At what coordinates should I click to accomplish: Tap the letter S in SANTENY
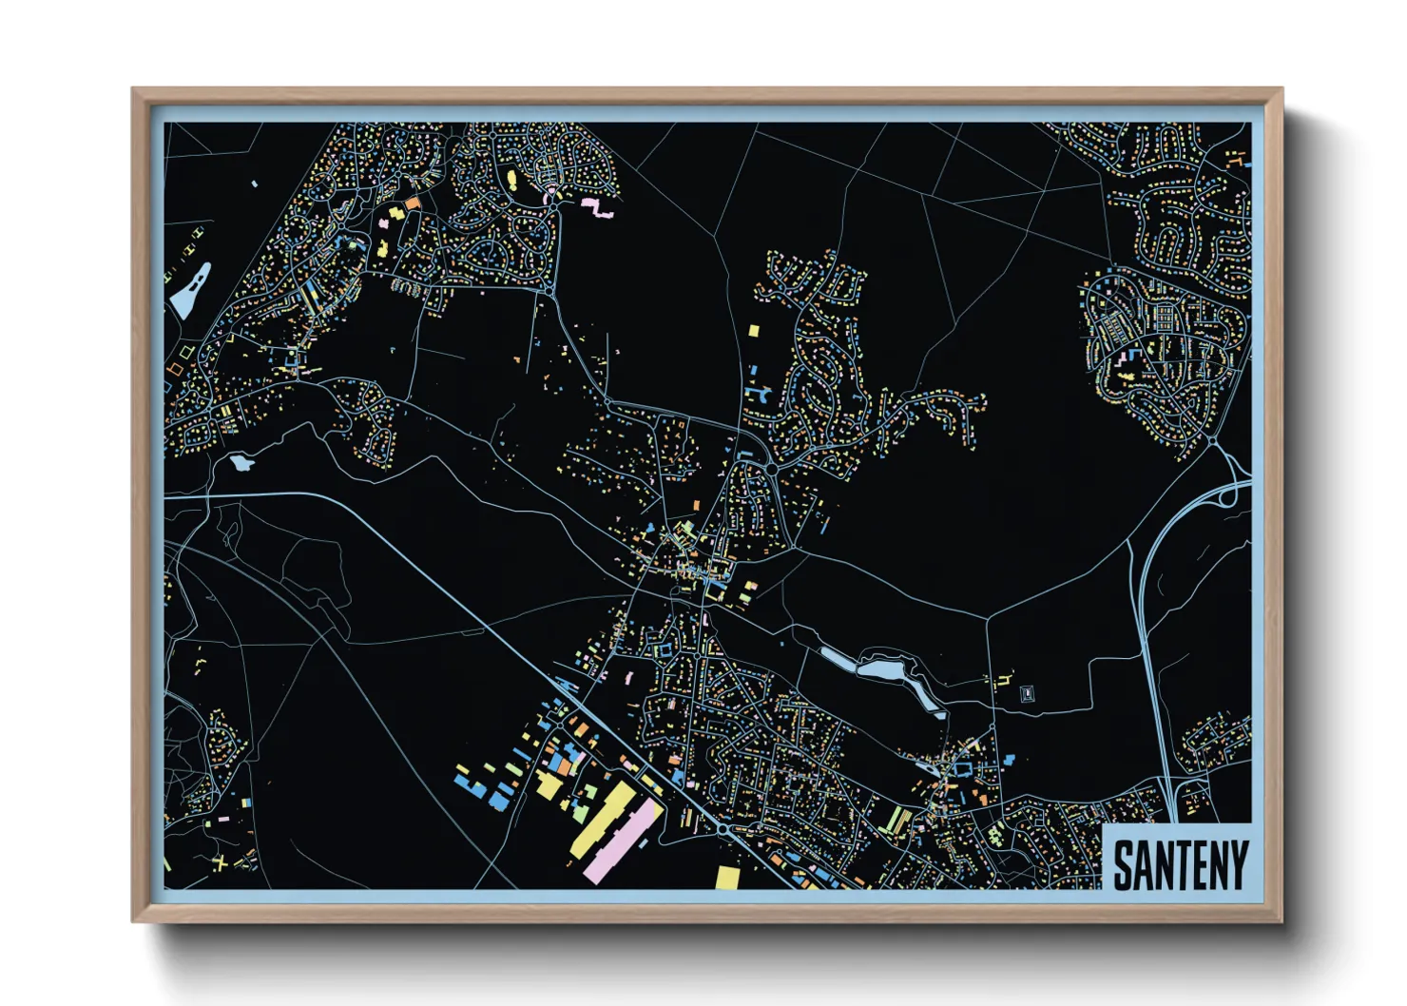[x=1123, y=864]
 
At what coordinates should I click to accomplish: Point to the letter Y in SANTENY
[x=1237, y=863]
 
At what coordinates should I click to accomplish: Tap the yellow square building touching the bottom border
[x=727, y=878]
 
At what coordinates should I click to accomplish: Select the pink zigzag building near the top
[x=597, y=207]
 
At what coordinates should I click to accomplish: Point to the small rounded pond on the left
[x=241, y=463]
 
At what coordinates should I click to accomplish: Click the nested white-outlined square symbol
[x=1026, y=693]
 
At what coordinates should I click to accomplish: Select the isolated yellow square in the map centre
[x=754, y=331]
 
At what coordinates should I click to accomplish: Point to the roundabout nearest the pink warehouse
[x=724, y=829]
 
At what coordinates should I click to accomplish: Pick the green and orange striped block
[x=897, y=819]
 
